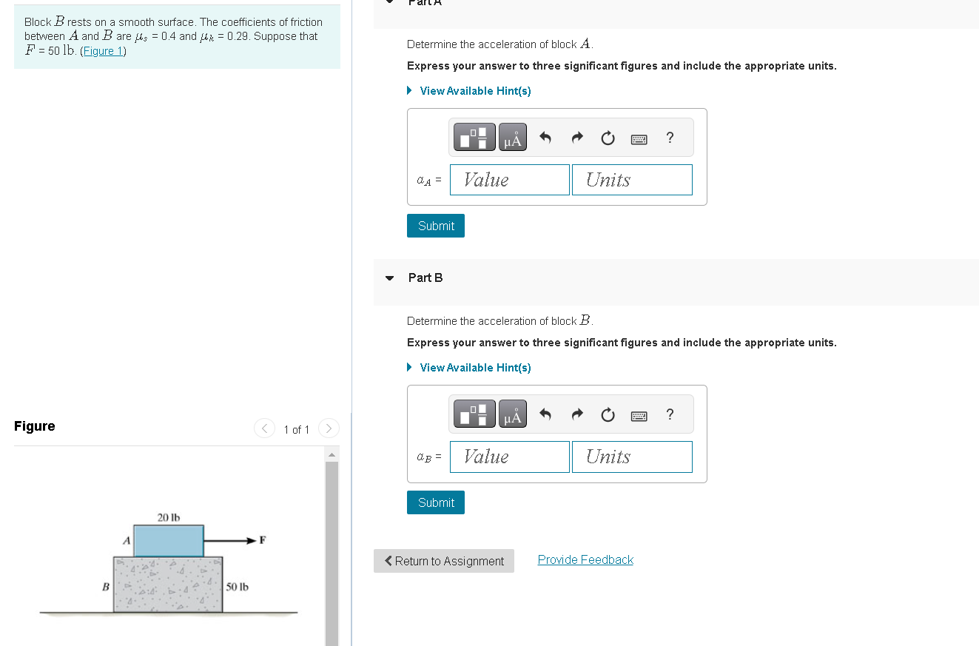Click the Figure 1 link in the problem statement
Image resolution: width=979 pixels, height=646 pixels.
(x=103, y=51)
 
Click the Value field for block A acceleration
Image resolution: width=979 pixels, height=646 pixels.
(x=509, y=180)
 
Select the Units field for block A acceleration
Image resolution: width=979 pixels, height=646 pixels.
(x=632, y=180)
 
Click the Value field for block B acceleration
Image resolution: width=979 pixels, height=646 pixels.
(x=509, y=457)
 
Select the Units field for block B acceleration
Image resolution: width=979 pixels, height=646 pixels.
(x=632, y=457)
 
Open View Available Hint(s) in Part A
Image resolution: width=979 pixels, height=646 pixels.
(x=474, y=91)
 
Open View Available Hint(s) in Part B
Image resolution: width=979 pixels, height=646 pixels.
(x=474, y=368)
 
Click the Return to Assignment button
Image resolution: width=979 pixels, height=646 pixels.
(x=444, y=561)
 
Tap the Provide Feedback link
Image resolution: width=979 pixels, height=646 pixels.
(x=585, y=559)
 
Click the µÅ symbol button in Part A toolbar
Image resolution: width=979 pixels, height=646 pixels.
(x=512, y=138)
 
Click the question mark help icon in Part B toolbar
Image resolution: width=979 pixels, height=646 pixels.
(x=670, y=414)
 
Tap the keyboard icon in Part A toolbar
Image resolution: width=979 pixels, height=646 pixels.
(x=639, y=138)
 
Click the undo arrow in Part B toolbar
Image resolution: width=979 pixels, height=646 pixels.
(x=545, y=414)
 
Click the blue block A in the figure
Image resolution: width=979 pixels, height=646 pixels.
(x=169, y=541)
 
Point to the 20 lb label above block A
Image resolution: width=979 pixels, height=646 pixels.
(x=169, y=517)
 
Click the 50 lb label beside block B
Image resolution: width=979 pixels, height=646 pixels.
(x=237, y=587)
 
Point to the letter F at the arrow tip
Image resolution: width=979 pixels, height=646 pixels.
(x=262, y=540)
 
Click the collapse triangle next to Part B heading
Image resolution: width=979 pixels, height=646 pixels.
(x=390, y=278)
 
